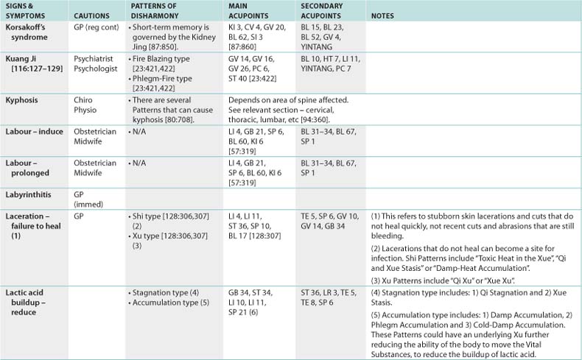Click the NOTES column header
click(384, 15)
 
